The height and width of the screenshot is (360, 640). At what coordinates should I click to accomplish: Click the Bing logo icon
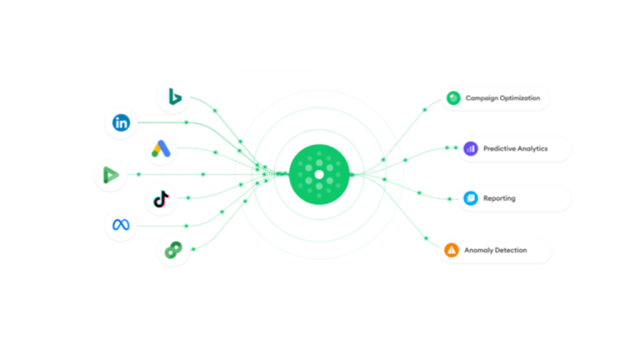(175, 97)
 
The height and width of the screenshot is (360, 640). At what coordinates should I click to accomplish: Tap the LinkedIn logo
(121, 122)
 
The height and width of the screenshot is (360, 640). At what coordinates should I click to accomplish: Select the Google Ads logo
(161, 148)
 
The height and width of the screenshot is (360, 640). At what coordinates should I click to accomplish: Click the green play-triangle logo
(111, 175)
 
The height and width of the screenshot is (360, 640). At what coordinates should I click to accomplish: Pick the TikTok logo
(161, 199)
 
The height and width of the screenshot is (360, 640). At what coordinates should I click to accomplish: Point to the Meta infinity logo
(121, 224)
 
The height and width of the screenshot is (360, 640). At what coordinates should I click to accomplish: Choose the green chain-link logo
(173, 250)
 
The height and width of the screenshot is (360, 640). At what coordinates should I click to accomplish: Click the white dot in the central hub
(319, 175)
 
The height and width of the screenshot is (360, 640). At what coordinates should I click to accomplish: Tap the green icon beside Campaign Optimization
(453, 98)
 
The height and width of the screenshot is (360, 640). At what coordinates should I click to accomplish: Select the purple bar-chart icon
(471, 148)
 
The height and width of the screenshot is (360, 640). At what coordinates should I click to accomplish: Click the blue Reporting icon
(471, 198)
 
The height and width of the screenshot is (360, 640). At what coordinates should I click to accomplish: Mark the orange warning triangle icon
(452, 250)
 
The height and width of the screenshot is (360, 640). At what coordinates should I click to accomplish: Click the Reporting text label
(500, 199)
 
